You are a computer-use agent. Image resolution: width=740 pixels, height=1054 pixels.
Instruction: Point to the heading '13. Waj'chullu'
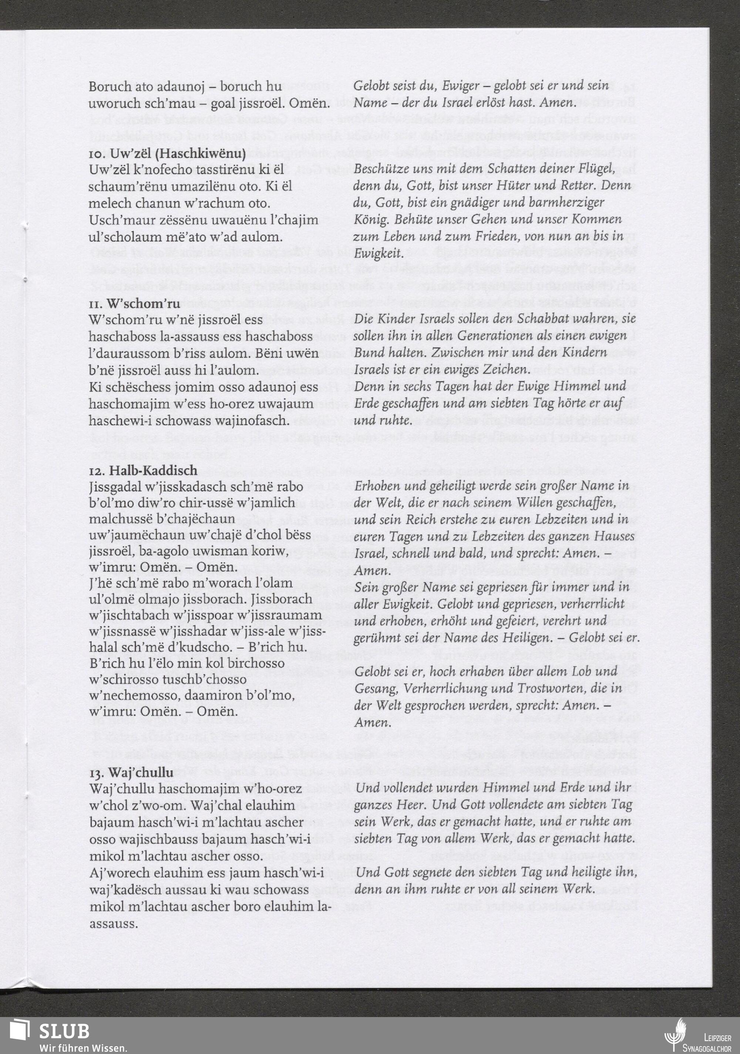pyautogui.click(x=131, y=772)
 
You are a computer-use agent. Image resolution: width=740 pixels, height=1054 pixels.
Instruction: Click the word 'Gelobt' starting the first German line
pyautogui.click(x=371, y=86)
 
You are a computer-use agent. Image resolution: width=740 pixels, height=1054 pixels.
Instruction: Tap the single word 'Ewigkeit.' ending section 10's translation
pyautogui.click(x=378, y=253)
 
